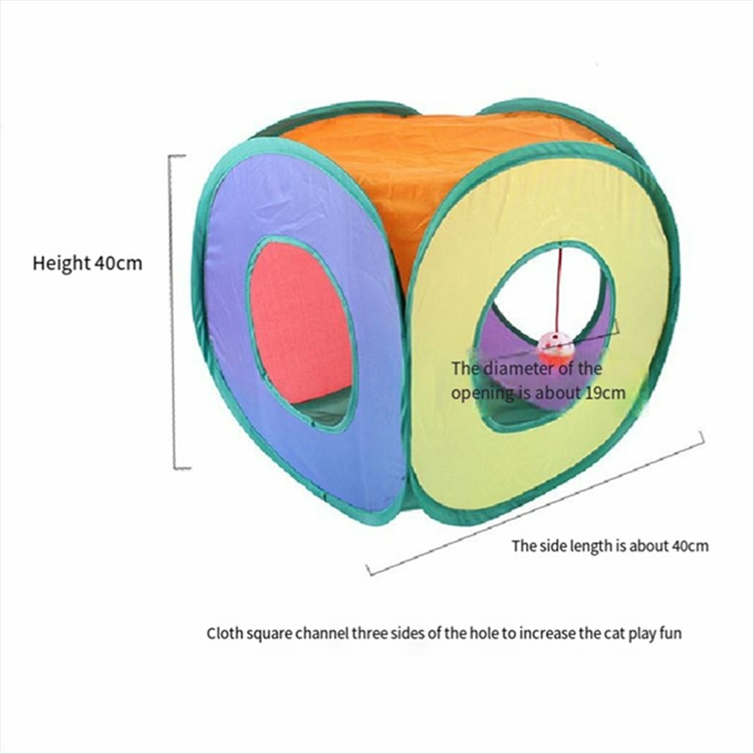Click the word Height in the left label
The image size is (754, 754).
62,263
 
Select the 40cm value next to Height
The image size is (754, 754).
118,264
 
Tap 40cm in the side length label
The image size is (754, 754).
690,546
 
